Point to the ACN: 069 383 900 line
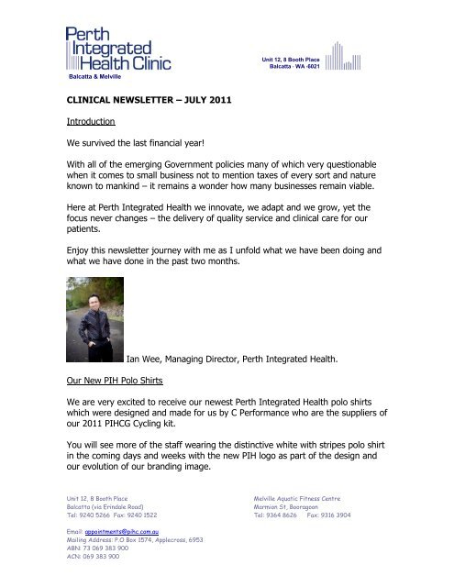[94, 558]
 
